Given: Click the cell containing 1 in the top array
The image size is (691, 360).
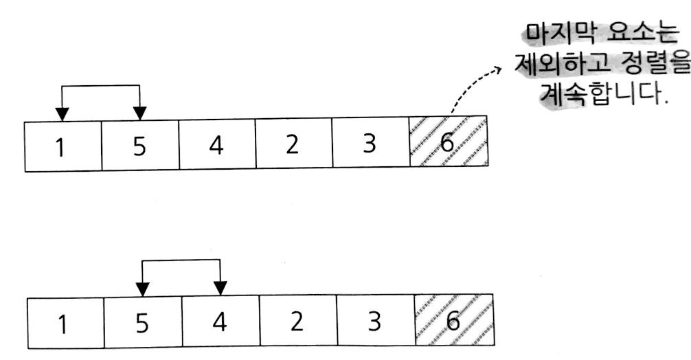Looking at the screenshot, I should (x=63, y=146).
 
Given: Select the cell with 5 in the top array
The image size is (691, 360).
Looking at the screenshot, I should (x=140, y=146).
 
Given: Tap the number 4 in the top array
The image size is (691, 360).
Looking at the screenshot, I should (x=217, y=146).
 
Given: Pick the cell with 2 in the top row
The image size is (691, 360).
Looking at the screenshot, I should (x=293, y=146).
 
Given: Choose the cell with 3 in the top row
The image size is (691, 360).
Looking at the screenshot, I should (x=370, y=146).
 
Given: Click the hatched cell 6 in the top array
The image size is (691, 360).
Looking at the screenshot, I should (x=448, y=145).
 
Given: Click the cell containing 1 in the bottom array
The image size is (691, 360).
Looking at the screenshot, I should (x=66, y=322).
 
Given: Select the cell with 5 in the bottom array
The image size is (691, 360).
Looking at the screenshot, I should (x=143, y=322).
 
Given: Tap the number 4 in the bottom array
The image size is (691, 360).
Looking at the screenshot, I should (x=220, y=322).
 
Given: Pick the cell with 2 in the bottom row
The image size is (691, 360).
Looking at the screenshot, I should (x=297, y=322).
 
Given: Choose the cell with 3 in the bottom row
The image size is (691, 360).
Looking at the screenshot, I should (x=375, y=322).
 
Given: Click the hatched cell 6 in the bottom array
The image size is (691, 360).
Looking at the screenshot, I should (x=453, y=321).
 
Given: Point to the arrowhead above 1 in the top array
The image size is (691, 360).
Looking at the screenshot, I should (x=62, y=114).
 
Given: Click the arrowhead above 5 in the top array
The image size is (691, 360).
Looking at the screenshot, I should (x=140, y=114).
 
